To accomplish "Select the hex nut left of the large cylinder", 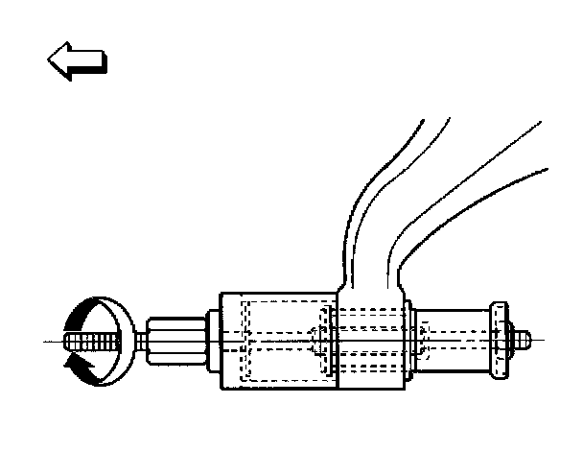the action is [x=176, y=341].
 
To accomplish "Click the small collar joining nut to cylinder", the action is [x=214, y=341].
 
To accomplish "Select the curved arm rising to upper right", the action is [x=451, y=192].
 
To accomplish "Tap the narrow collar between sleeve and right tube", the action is [x=409, y=342].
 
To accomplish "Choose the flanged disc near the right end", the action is [x=499, y=341].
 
